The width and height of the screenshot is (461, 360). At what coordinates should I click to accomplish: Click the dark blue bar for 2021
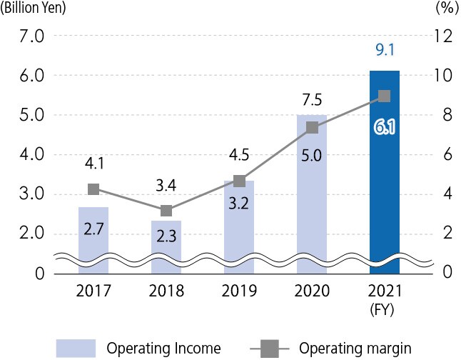click(x=384, y=193)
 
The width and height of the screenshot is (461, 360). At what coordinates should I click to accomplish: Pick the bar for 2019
click(x=239, y=221)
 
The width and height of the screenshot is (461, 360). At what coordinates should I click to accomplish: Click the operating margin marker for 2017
click(x=93, y=189)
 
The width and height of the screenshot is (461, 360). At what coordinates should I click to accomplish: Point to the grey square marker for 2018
click(x=166, y=211)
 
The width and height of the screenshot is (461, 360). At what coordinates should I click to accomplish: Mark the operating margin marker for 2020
click(x=312, y=128)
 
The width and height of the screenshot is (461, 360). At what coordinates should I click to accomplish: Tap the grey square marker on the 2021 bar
click(x=384, y=96)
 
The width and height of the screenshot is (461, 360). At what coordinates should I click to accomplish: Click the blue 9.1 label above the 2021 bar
click(x=384, y=51)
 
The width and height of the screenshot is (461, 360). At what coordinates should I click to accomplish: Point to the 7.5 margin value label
click(x=312, y=98)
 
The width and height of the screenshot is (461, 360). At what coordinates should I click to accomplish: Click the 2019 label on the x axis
click(x=239, y=291)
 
